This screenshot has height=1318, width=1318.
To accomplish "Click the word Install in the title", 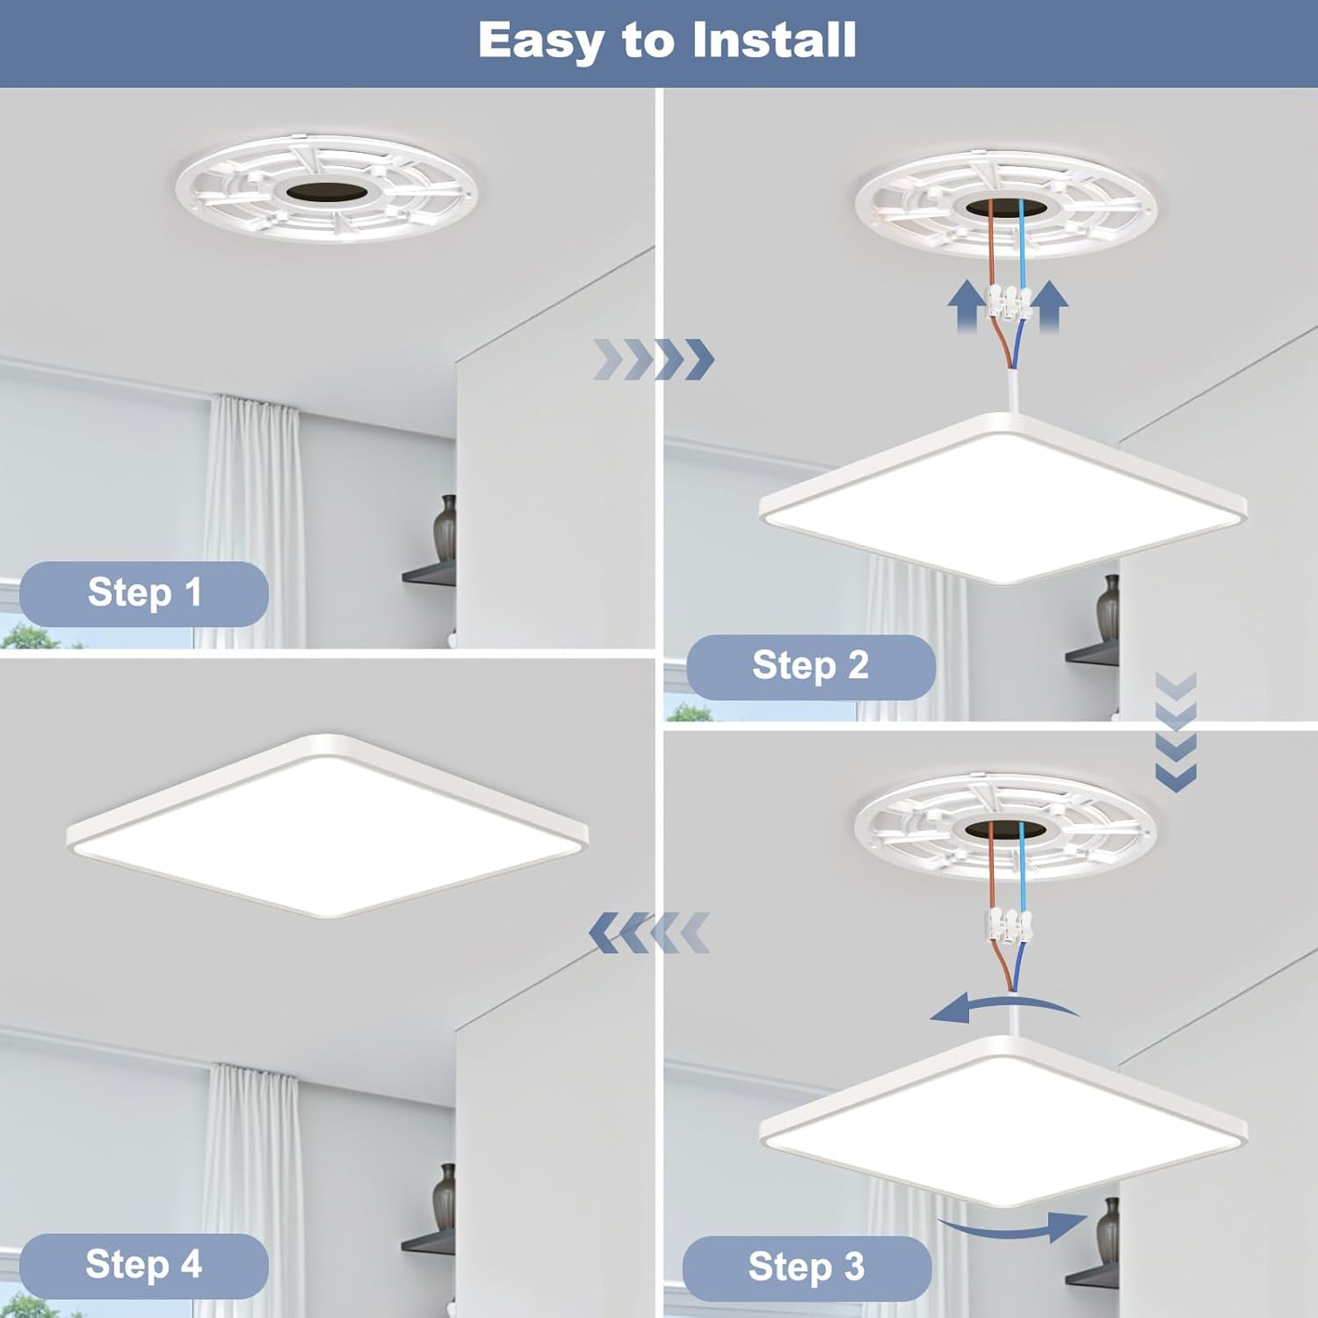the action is click(x=773, y=40).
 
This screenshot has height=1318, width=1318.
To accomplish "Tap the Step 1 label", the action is click(x=144, y=593).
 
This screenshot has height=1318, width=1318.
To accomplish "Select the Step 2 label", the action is click(x=810, y=666).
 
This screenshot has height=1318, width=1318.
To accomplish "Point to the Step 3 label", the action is click(x=807, y=1268).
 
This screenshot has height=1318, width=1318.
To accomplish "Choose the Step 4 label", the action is click(x=144, y=1265).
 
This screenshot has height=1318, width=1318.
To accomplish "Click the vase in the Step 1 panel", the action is click(x=445, y=527).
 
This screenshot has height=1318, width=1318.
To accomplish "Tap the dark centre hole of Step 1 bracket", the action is click(x=326, y=192).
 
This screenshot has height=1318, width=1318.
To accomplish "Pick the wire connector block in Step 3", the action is click(x=1010, y=923).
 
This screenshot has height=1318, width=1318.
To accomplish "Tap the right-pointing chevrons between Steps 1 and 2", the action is click(x=654, y=359).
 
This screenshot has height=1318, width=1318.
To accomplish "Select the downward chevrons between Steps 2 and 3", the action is click(x=1176, y=733).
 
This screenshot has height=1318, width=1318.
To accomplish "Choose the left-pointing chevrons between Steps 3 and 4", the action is click(x=648, y=933).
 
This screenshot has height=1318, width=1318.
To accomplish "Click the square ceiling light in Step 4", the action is click(x=327, y=827).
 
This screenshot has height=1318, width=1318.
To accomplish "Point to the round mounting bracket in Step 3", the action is click(x=1005, y=828).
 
